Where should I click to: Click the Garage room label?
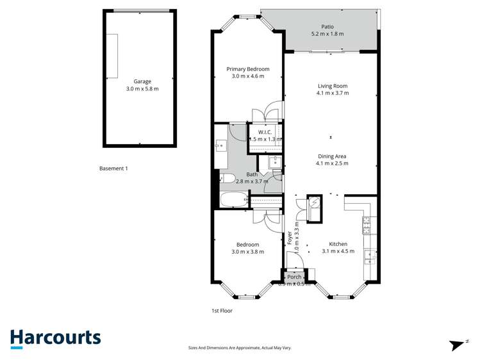(142, 81)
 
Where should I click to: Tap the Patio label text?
(327, 26)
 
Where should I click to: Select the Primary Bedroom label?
(248, 69)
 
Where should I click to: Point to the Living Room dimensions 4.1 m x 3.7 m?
(333, 94)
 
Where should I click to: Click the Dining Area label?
(332, 156)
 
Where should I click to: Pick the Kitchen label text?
(338, 244)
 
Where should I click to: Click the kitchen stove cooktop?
(368, 225)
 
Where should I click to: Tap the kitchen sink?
(370, 257)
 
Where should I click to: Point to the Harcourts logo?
(55, 338)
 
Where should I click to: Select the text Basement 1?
(114, 168)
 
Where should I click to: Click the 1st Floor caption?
(222, 311)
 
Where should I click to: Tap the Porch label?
(294, 277)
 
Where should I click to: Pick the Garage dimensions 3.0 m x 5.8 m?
(142, 89)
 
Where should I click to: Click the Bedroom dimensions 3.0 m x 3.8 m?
(247, 252)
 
